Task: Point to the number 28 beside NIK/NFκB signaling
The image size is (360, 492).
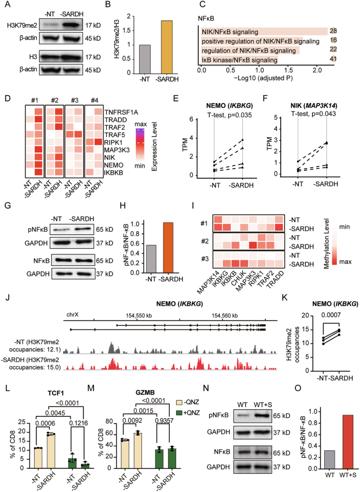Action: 333,32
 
